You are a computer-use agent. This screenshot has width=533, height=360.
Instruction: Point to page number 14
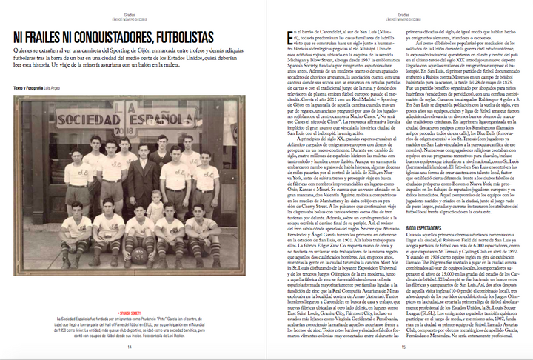pyautogui.click(x=130, y=346)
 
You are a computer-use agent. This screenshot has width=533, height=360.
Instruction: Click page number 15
pyautogui.click(x=404, y=346)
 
